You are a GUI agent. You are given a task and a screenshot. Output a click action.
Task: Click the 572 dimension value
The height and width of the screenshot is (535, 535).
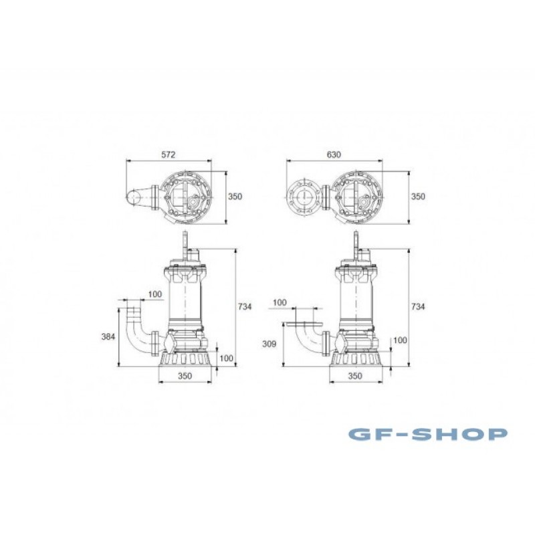click(x=169, y=154)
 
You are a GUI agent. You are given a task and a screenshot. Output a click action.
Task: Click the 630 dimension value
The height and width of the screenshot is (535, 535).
click(x=334, y=154)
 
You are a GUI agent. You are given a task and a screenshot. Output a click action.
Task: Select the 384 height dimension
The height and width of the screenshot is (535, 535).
click(x=108, y=337)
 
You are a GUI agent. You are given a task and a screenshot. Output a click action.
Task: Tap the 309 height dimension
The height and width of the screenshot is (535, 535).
click(x=269, y=344)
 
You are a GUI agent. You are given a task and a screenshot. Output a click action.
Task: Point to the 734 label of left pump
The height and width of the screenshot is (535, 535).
click(x=245, y=307)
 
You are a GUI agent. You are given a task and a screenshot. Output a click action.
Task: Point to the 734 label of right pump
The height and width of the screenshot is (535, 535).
click(x=417, y=307)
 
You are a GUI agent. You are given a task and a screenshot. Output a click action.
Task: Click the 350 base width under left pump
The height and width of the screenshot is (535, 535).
click(x=185, y=376)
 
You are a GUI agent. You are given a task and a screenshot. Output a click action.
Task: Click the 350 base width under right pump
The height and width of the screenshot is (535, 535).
click(x=355, y=376)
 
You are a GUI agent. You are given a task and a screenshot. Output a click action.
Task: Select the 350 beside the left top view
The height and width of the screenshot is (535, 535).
click(x=235, y=197)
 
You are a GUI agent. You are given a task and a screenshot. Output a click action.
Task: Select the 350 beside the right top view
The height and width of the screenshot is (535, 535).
click(x=418, y=197)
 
